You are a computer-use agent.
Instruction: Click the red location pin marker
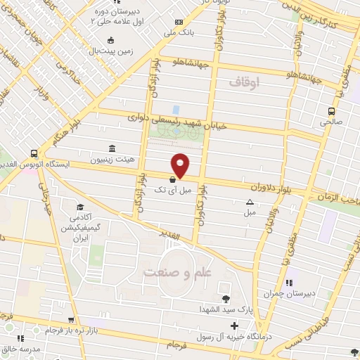pyautogui.click(x=181, y=165)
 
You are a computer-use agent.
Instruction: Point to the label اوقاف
pyautogui.click(x=245, y=83)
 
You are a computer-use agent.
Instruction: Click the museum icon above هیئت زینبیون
pyautogui.click(x=112, y=148)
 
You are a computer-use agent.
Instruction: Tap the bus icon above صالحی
pyautogui.click(x=332, y=110)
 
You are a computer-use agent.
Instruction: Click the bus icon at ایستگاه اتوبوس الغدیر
pyautogui.click(x=34, y=153)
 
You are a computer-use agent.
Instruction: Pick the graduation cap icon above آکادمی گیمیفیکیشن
pyautogui.click(x=80, y=207)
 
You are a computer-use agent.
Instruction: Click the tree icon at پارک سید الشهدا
pyautogui.click(x=225, y=299)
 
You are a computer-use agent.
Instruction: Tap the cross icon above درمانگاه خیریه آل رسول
pyautogui.click(x=234, y=326)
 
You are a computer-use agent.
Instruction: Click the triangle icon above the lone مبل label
pyautogui.click(x=250, y=202)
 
